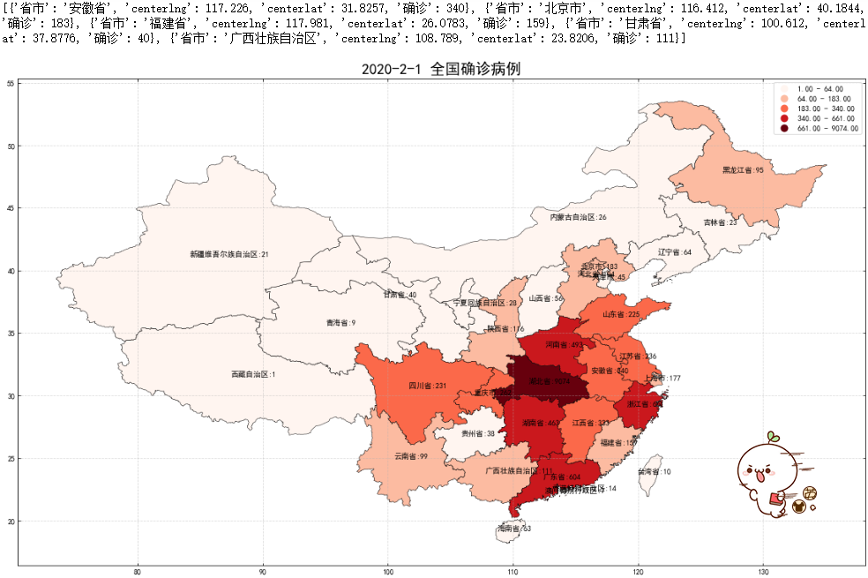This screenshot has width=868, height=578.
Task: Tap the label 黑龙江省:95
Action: pyautogui.click(x=743, y=169)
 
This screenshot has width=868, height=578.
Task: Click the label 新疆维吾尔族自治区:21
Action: pyautogui.click(x=228, y=254)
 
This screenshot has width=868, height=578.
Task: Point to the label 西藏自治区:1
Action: pyautogui.click(x=253, y=374)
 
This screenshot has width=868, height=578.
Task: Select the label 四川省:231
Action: pyautogui.click(x=428, y=386)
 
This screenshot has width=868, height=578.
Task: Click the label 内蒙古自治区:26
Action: pyautogui.click(x=578, y=216)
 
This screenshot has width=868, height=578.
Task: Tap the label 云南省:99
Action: pyautogui.click(x=411, y=456)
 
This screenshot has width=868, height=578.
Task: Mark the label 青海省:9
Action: pyautogui.click(x=340, y=323)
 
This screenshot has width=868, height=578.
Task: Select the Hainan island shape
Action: pyautogui.click(x=513, y=529)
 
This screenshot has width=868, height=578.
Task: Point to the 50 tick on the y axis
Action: pyautogui.click(x=10, y=146)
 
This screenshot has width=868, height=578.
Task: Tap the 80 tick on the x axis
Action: pyautogui.click(x=137, y=573)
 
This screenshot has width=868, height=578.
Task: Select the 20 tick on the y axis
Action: pyautogui.click(x=10, y=522)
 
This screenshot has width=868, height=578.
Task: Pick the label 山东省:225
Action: pyautogui.click(x=621, y=313)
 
